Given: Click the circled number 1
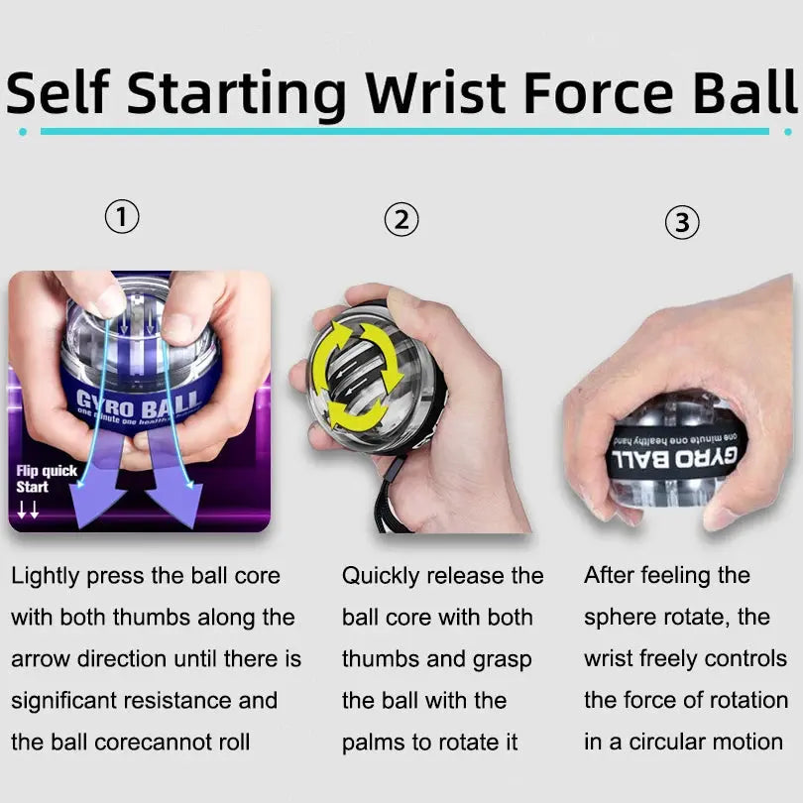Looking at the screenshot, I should pos(122,216).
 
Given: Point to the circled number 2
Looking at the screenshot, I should pos(401,220).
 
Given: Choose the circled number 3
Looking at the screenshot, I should pos(681,223).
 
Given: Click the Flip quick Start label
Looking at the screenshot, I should pos(46,479).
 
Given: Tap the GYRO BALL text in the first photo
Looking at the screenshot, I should pos(138,401).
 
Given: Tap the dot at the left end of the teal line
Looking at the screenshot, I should pos(23,131).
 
